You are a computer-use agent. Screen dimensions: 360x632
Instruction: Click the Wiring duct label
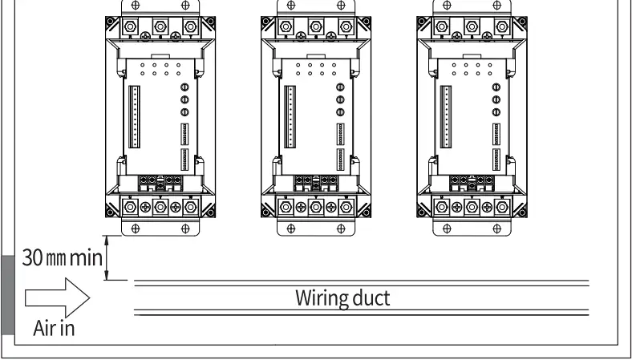coord(343,299)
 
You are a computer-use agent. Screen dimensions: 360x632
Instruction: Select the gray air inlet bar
coord(7,293)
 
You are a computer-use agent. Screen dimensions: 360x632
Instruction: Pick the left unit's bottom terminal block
coord(160,206)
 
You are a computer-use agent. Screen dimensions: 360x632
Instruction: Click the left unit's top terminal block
coord(160,25)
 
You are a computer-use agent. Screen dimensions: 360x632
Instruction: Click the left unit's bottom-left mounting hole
coord(134,227)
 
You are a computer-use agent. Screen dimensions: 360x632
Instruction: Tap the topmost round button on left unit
coord(184,87)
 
